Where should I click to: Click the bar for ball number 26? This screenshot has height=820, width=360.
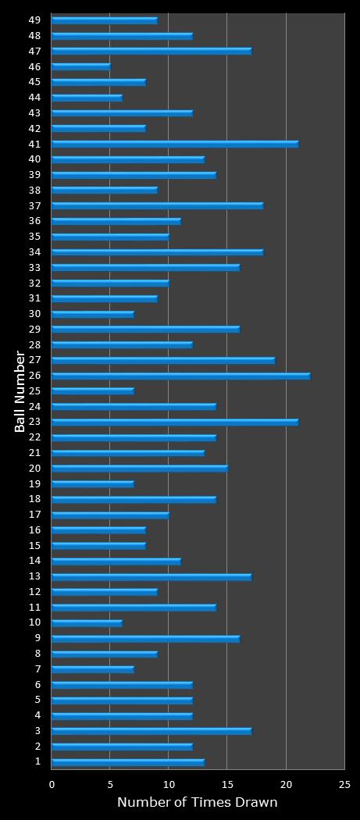(x=180, y=376)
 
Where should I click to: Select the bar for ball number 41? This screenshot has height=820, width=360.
(x=175, y=144)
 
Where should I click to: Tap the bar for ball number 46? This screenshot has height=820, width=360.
(x=81, y=66)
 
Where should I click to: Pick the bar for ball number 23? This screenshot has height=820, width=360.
(x=175, y=422)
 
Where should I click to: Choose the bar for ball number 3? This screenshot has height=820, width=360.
(x=151, y=731)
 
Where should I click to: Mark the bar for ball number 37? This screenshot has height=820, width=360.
(x=157, y=205)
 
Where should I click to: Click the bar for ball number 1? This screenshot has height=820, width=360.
(x=128, y=761)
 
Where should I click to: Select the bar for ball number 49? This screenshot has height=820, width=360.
(x=105, y=20)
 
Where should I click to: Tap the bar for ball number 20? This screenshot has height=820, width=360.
(x=140, y=468)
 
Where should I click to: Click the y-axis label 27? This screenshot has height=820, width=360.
(x=35, y=360)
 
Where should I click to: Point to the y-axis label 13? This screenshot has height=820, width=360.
(x=35, y=576)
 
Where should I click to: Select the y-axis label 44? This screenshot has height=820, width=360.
(x=35, y=97)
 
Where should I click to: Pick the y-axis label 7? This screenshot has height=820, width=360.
(x=37, y=668)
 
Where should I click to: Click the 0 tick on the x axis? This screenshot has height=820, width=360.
(x=52, y=784)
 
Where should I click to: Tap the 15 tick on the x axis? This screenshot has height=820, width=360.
(x=227, y=784)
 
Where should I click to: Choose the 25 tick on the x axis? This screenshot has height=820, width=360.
(x=344, y=784)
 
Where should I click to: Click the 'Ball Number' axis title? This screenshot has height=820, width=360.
(x=20, y=391)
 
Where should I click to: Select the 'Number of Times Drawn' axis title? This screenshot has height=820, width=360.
(x=197, y=802)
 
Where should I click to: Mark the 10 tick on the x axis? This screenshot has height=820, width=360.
(x=169, y=784)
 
